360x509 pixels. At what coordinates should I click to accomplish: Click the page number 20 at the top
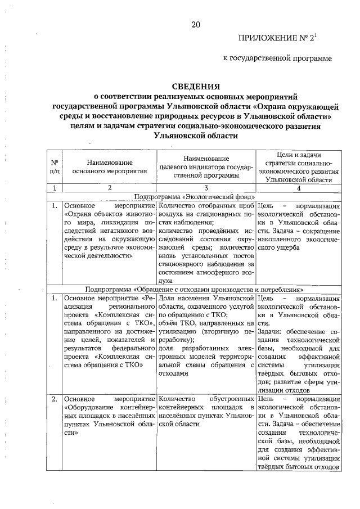195,24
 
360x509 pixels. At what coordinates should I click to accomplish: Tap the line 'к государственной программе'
278,57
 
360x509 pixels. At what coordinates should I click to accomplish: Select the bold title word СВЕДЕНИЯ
196,86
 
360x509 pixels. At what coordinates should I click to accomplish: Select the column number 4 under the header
299,188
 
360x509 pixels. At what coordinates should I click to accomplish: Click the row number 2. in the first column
55,399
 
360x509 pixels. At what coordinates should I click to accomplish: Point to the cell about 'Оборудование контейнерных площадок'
109,417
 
